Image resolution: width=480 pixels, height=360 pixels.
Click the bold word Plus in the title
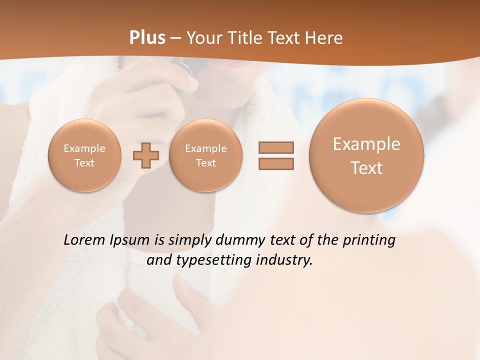click(x=147, y=38)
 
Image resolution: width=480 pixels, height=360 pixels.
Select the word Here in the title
click(x=325, y=38)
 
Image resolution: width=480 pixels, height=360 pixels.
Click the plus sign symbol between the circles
click(x=145, y=155)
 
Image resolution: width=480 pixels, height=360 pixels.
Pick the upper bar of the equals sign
click(x=276, y=147)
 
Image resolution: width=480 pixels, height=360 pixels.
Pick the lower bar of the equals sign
click(x=276, y=163)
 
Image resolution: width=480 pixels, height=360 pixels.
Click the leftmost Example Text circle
click(x=84, y=155)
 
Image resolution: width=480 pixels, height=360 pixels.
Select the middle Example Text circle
click(x=205, y=155)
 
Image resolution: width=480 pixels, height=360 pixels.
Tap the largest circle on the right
click(x=366, y=155)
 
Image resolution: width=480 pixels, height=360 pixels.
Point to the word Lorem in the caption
click(x=85, y=240)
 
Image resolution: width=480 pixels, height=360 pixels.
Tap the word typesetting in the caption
click(x=210, y=260)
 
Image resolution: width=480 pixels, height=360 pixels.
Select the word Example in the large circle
click(x=366, y=144)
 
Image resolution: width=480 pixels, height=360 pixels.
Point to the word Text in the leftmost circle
click(x=84, y=163)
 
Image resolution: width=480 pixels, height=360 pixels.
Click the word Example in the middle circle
click(x=205, y=148)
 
